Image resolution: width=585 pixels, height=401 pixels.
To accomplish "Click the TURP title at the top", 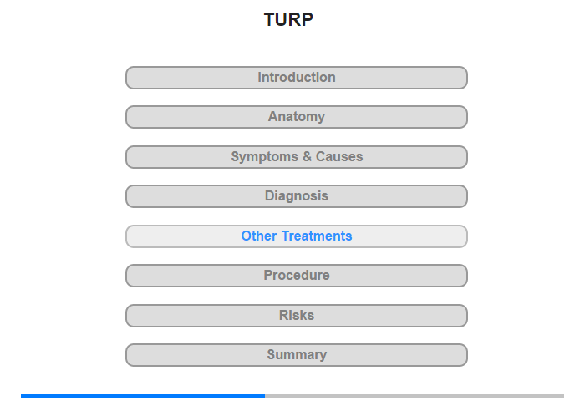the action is tap(288, 19).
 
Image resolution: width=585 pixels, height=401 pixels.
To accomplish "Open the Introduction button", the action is tap(297, 78).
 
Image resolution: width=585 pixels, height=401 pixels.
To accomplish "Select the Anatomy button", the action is tap(297, 117).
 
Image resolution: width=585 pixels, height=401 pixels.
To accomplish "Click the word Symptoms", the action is tap(264, 157).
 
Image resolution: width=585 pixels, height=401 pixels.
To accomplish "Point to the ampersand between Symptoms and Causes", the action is tap(307, 156).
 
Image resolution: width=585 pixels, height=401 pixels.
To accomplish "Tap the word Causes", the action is tap(339, 156).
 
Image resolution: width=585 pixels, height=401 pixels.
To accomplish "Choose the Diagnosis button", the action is tap(297, 196).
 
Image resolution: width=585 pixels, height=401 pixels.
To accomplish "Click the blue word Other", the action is tap(259, 236).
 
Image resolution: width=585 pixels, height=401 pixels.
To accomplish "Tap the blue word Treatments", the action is tap(317, 236).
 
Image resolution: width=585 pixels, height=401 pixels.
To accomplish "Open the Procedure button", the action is tap(297, 276).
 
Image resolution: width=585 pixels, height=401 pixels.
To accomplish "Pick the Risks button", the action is tap(297, 316).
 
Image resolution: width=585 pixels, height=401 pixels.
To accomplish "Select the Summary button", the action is tap(297, 355).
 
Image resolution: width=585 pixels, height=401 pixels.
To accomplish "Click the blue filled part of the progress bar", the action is tap(143, 396).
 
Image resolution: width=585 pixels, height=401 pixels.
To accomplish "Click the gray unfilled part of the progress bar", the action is tap(415, 396).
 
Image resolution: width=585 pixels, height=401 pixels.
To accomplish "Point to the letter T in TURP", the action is tap(270, 19).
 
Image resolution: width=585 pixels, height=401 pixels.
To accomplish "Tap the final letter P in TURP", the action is tap(308, 19).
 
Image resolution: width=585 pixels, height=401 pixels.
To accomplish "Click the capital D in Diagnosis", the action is tap(269, 195).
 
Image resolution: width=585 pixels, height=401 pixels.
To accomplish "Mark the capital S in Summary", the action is tap(272, 354).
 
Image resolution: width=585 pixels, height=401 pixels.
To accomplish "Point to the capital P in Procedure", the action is tap(268, 276).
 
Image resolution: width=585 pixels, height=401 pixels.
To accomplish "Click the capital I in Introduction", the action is tap(260, 77).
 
